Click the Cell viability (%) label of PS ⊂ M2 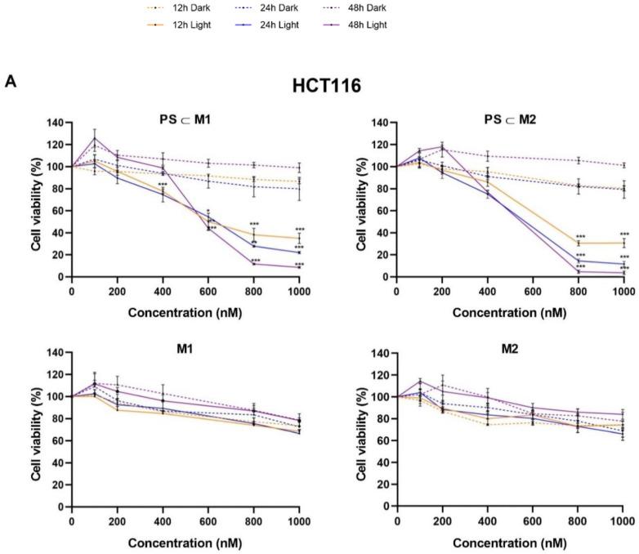(x=352, y=199)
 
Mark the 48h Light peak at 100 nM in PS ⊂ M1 (x=95, y=138)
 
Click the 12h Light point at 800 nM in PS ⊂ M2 (x=579, y=243)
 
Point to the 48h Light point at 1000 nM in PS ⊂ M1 (x=299, y=266)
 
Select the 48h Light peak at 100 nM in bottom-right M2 (x=419, y=381)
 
